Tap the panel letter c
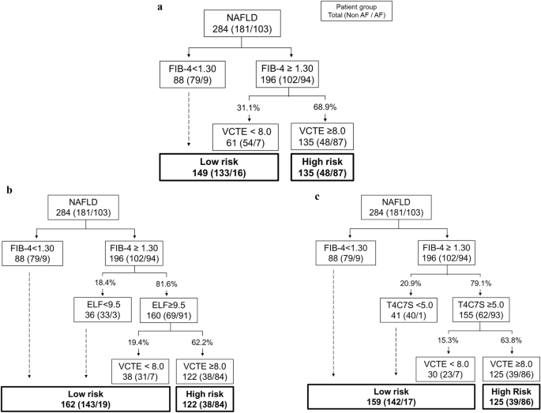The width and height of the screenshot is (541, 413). (x=295, y=197)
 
